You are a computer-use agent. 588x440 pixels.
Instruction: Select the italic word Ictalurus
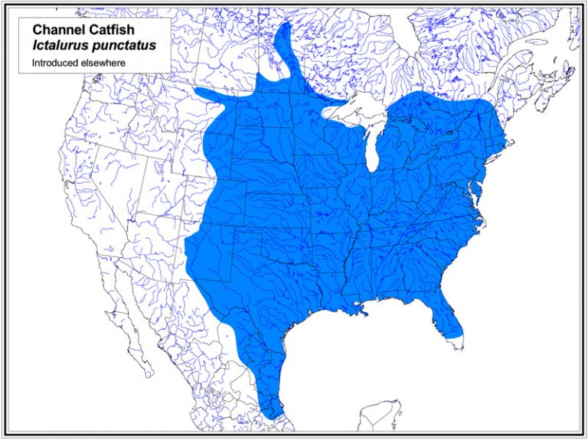tap(58, 45)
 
